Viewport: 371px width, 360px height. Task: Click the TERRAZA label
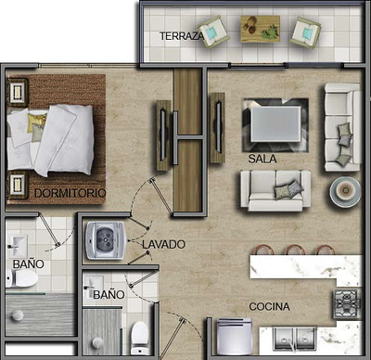coord(182,36)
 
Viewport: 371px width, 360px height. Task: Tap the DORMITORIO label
coord(70,193)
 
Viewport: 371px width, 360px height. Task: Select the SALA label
coord(262,159)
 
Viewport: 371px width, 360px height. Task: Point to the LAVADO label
coord(163,244)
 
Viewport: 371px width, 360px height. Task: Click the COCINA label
coord(269,306)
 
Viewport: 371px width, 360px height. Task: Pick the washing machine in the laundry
coord(106,240)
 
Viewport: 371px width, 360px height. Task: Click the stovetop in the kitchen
coord(347,303)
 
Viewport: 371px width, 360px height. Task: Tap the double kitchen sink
coord(295,340)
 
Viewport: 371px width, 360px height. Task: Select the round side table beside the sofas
coord(345,192)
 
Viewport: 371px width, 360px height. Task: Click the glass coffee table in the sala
coord(275,123)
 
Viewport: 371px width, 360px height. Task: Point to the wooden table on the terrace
coord(261,29)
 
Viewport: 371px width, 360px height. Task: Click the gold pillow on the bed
coord(37,122)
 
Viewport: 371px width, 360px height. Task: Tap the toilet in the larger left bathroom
coord(21,278)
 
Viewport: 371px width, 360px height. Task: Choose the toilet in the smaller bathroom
coord(139,338)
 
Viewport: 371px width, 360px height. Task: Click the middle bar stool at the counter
coord(295,250)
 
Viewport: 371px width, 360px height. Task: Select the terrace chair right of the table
coord(305,32)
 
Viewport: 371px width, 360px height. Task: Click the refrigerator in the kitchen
coord(235,336)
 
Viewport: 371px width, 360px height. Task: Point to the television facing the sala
coord(219,127)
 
